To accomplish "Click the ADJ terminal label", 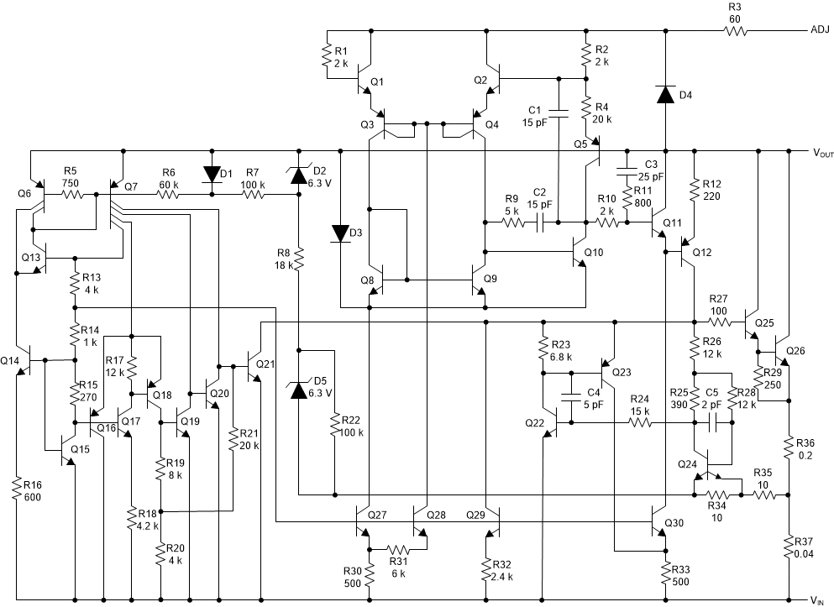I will click(x=820, y=30).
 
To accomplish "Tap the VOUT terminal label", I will click(x=821, y=153).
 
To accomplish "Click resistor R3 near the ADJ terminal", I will click(x=736, y=31).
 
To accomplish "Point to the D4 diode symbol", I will click(x=665, y=94).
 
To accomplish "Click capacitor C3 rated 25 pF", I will click(x=625, y=172).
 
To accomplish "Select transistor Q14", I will click(x=25, y=361).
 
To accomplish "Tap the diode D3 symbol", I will click(x=340, y=232).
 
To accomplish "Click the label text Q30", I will click(x=674, y=522).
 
